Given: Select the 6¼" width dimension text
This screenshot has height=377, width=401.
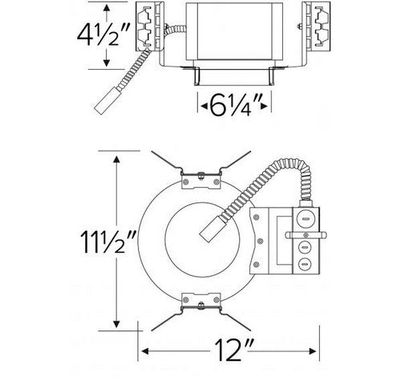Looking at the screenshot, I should pyautogui.click(x=233, y=104).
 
